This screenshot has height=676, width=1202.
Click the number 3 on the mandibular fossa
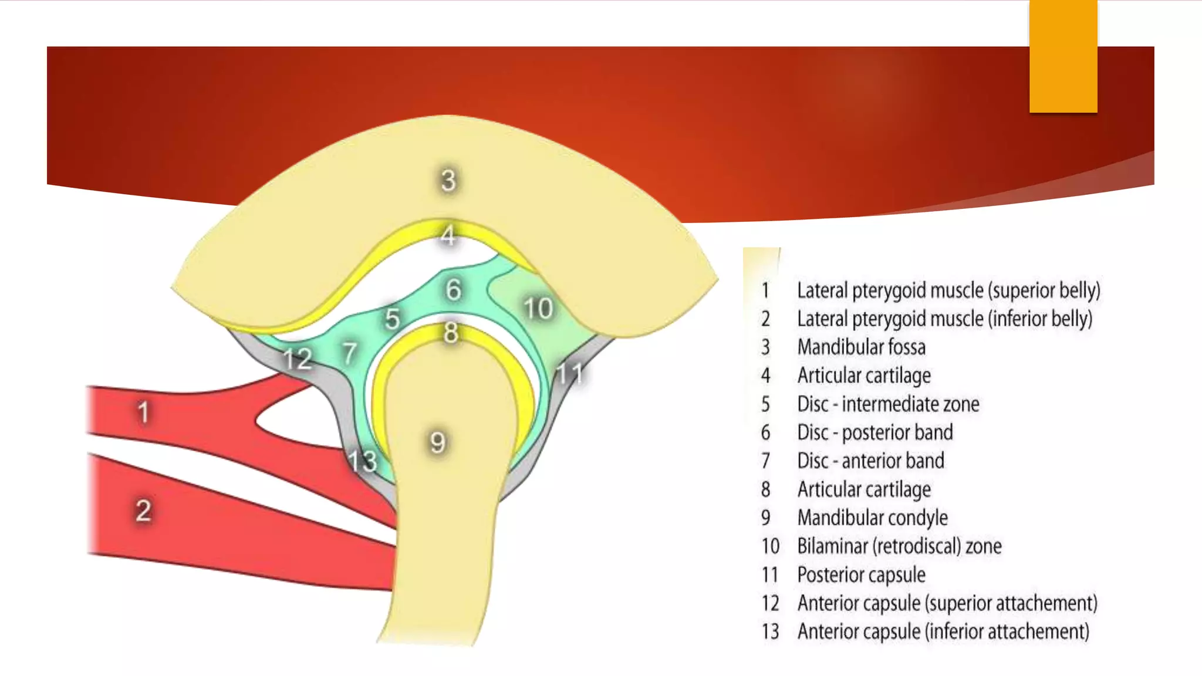pyautogui.click(x=448, y=180)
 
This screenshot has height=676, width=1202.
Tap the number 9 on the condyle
pyautogui.click(x=437, y=442)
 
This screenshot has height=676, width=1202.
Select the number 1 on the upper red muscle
pyautogui.click(x=143, y=412)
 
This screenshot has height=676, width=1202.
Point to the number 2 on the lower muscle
pyautogui.click(x=143, y=511)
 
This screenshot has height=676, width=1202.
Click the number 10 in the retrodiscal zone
pyautogui.click(x=538, y=308)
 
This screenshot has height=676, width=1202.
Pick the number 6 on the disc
pyautogui.click(x=453, y=289)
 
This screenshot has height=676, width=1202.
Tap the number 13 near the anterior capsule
pyautogui.click(x=362, y=461)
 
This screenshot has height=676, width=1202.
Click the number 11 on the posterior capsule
pyautogui.click(x=569, y=373)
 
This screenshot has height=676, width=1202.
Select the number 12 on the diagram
pyautogui.click(x=297, y=359)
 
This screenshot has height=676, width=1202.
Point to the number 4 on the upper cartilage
pyautogui.click(x=448, y=235)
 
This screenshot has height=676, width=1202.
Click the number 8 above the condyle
pyautogui.click(x=451, y=333)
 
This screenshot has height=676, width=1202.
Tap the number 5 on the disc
pyautogui.click(x=392, y=319)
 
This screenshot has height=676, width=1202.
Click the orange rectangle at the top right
pyautogui.click(x=1063, y=56)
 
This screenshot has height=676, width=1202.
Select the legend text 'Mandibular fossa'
pyautogui.click(x=861, y=347)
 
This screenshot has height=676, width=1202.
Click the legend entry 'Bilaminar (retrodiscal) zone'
pyautogui.click(x=899, y=546)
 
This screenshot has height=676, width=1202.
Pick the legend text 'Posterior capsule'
pyautogui.click(x=861, y=574)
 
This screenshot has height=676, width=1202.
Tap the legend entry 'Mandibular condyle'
pyautogui.click(x=872, y=518)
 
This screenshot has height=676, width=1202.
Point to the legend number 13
pyautogui.click(x=770, y=631)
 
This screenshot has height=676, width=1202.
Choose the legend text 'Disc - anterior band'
pyautogui.click(x=870, y=461)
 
